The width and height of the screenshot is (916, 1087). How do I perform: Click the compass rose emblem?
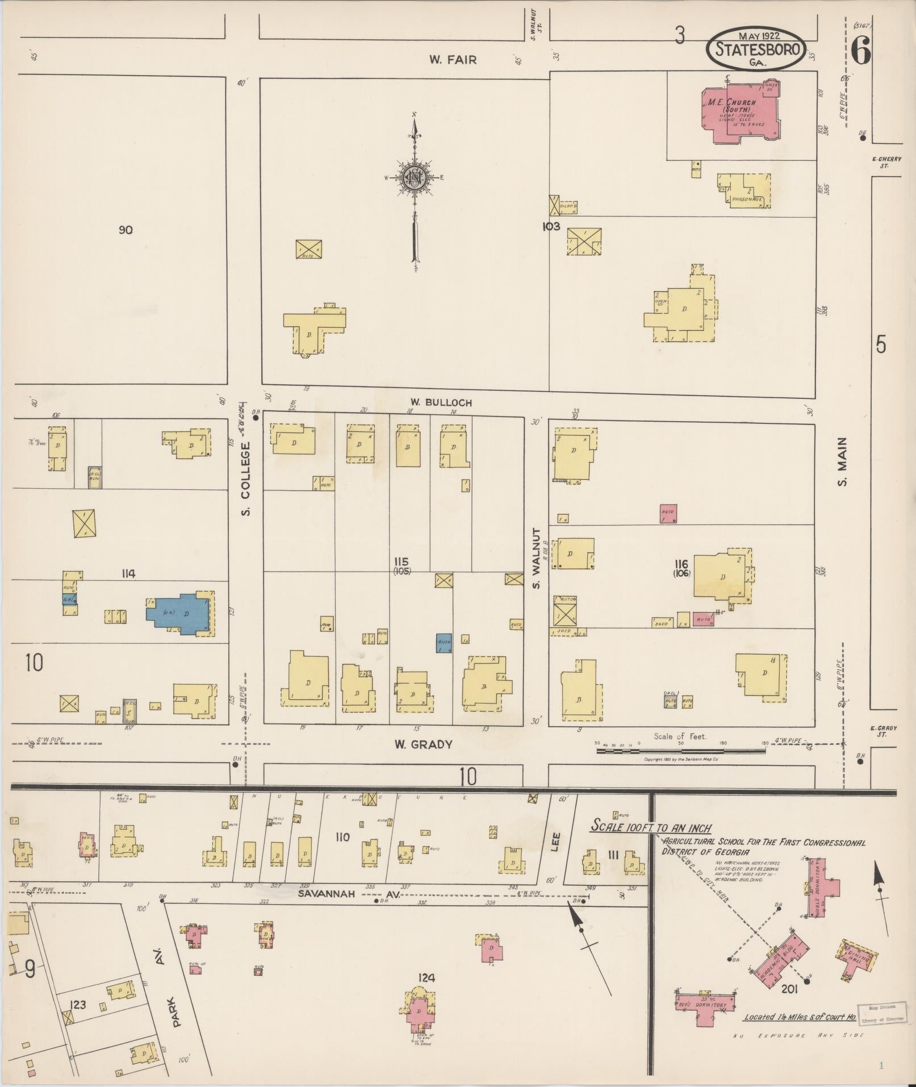415,178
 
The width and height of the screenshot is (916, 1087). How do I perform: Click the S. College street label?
246,480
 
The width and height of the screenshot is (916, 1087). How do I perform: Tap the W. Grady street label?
424,744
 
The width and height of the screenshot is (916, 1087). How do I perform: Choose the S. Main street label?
842,461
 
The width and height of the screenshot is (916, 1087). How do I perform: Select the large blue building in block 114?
181,614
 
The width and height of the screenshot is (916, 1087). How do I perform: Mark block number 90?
126,230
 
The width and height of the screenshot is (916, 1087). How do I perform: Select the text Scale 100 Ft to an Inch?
651,828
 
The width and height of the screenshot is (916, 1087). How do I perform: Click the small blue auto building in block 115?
444,643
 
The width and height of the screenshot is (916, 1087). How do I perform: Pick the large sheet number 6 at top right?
860,53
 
